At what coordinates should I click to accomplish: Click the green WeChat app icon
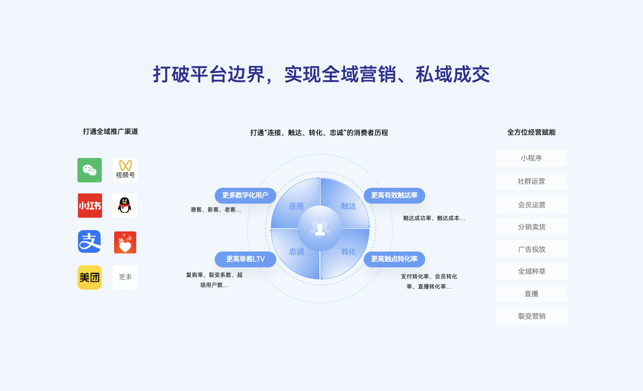pyautogui.click(x=89, y=170)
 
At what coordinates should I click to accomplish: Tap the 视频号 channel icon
pyautogui.click(x=125, y=170)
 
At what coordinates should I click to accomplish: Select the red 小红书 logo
pyautogui.click(x=90, y=206)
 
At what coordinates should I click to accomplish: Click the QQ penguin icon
pyautogui.click(x=125, y=206)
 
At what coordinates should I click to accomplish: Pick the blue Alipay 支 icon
pyautogui.click(x=89, y=241)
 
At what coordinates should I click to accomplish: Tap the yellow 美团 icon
pyautogui.click(x=89, y=277)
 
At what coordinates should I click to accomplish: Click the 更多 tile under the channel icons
pyautogui.click(x=125, y=277)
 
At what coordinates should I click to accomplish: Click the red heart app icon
pyautogui.click(x=125, y=242)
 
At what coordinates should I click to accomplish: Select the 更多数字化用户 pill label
pyautogui.click(x=245, y=195)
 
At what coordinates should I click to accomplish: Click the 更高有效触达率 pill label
pyautogui.click(x=394, y=195)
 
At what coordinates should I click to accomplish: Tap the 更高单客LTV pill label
pyautogui.click(x=245, y=259)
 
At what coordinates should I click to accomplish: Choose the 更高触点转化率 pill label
pyautogui.click(x=394, y=259)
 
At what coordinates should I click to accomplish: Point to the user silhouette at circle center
pyautogui.click(x=320, y=228)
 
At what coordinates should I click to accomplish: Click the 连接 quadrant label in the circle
pyautogui.click(x=296, y=206)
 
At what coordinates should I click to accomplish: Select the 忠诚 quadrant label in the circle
pyautogui.click(x=296, y=252)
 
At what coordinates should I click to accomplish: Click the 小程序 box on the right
pyautogui.click(x=531, y=158)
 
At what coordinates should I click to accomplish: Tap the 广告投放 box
pyautogui.click(x=532, y=249)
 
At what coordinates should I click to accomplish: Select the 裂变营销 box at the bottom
pyautogui.click(x=532, y=316)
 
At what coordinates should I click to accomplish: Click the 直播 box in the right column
pyautogui.click(x=532, y=294)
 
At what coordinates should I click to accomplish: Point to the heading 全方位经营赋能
pyautogui.click(x=531, y=132)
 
